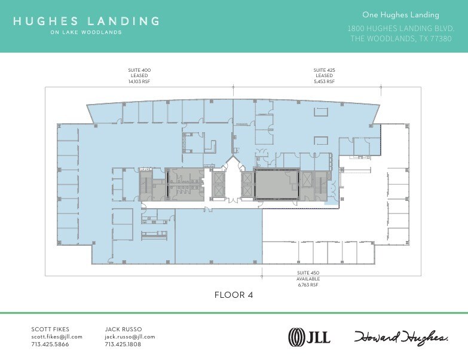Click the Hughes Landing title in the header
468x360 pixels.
86,21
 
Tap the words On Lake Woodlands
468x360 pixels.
86,32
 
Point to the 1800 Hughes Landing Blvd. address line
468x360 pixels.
401,28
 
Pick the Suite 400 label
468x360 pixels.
139,71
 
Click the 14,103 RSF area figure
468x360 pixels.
139,81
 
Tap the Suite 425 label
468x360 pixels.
324,71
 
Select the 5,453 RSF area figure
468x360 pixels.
324,81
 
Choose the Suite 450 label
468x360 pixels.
308,274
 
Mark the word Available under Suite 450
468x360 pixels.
308,279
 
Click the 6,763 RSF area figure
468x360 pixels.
308,285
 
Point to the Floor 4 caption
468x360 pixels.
234,295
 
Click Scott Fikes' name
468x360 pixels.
50,329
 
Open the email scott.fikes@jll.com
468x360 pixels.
57,337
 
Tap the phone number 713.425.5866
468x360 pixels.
50,344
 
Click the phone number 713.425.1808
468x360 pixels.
123,344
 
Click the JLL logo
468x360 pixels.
309,337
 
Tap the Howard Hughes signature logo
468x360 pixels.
401,337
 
